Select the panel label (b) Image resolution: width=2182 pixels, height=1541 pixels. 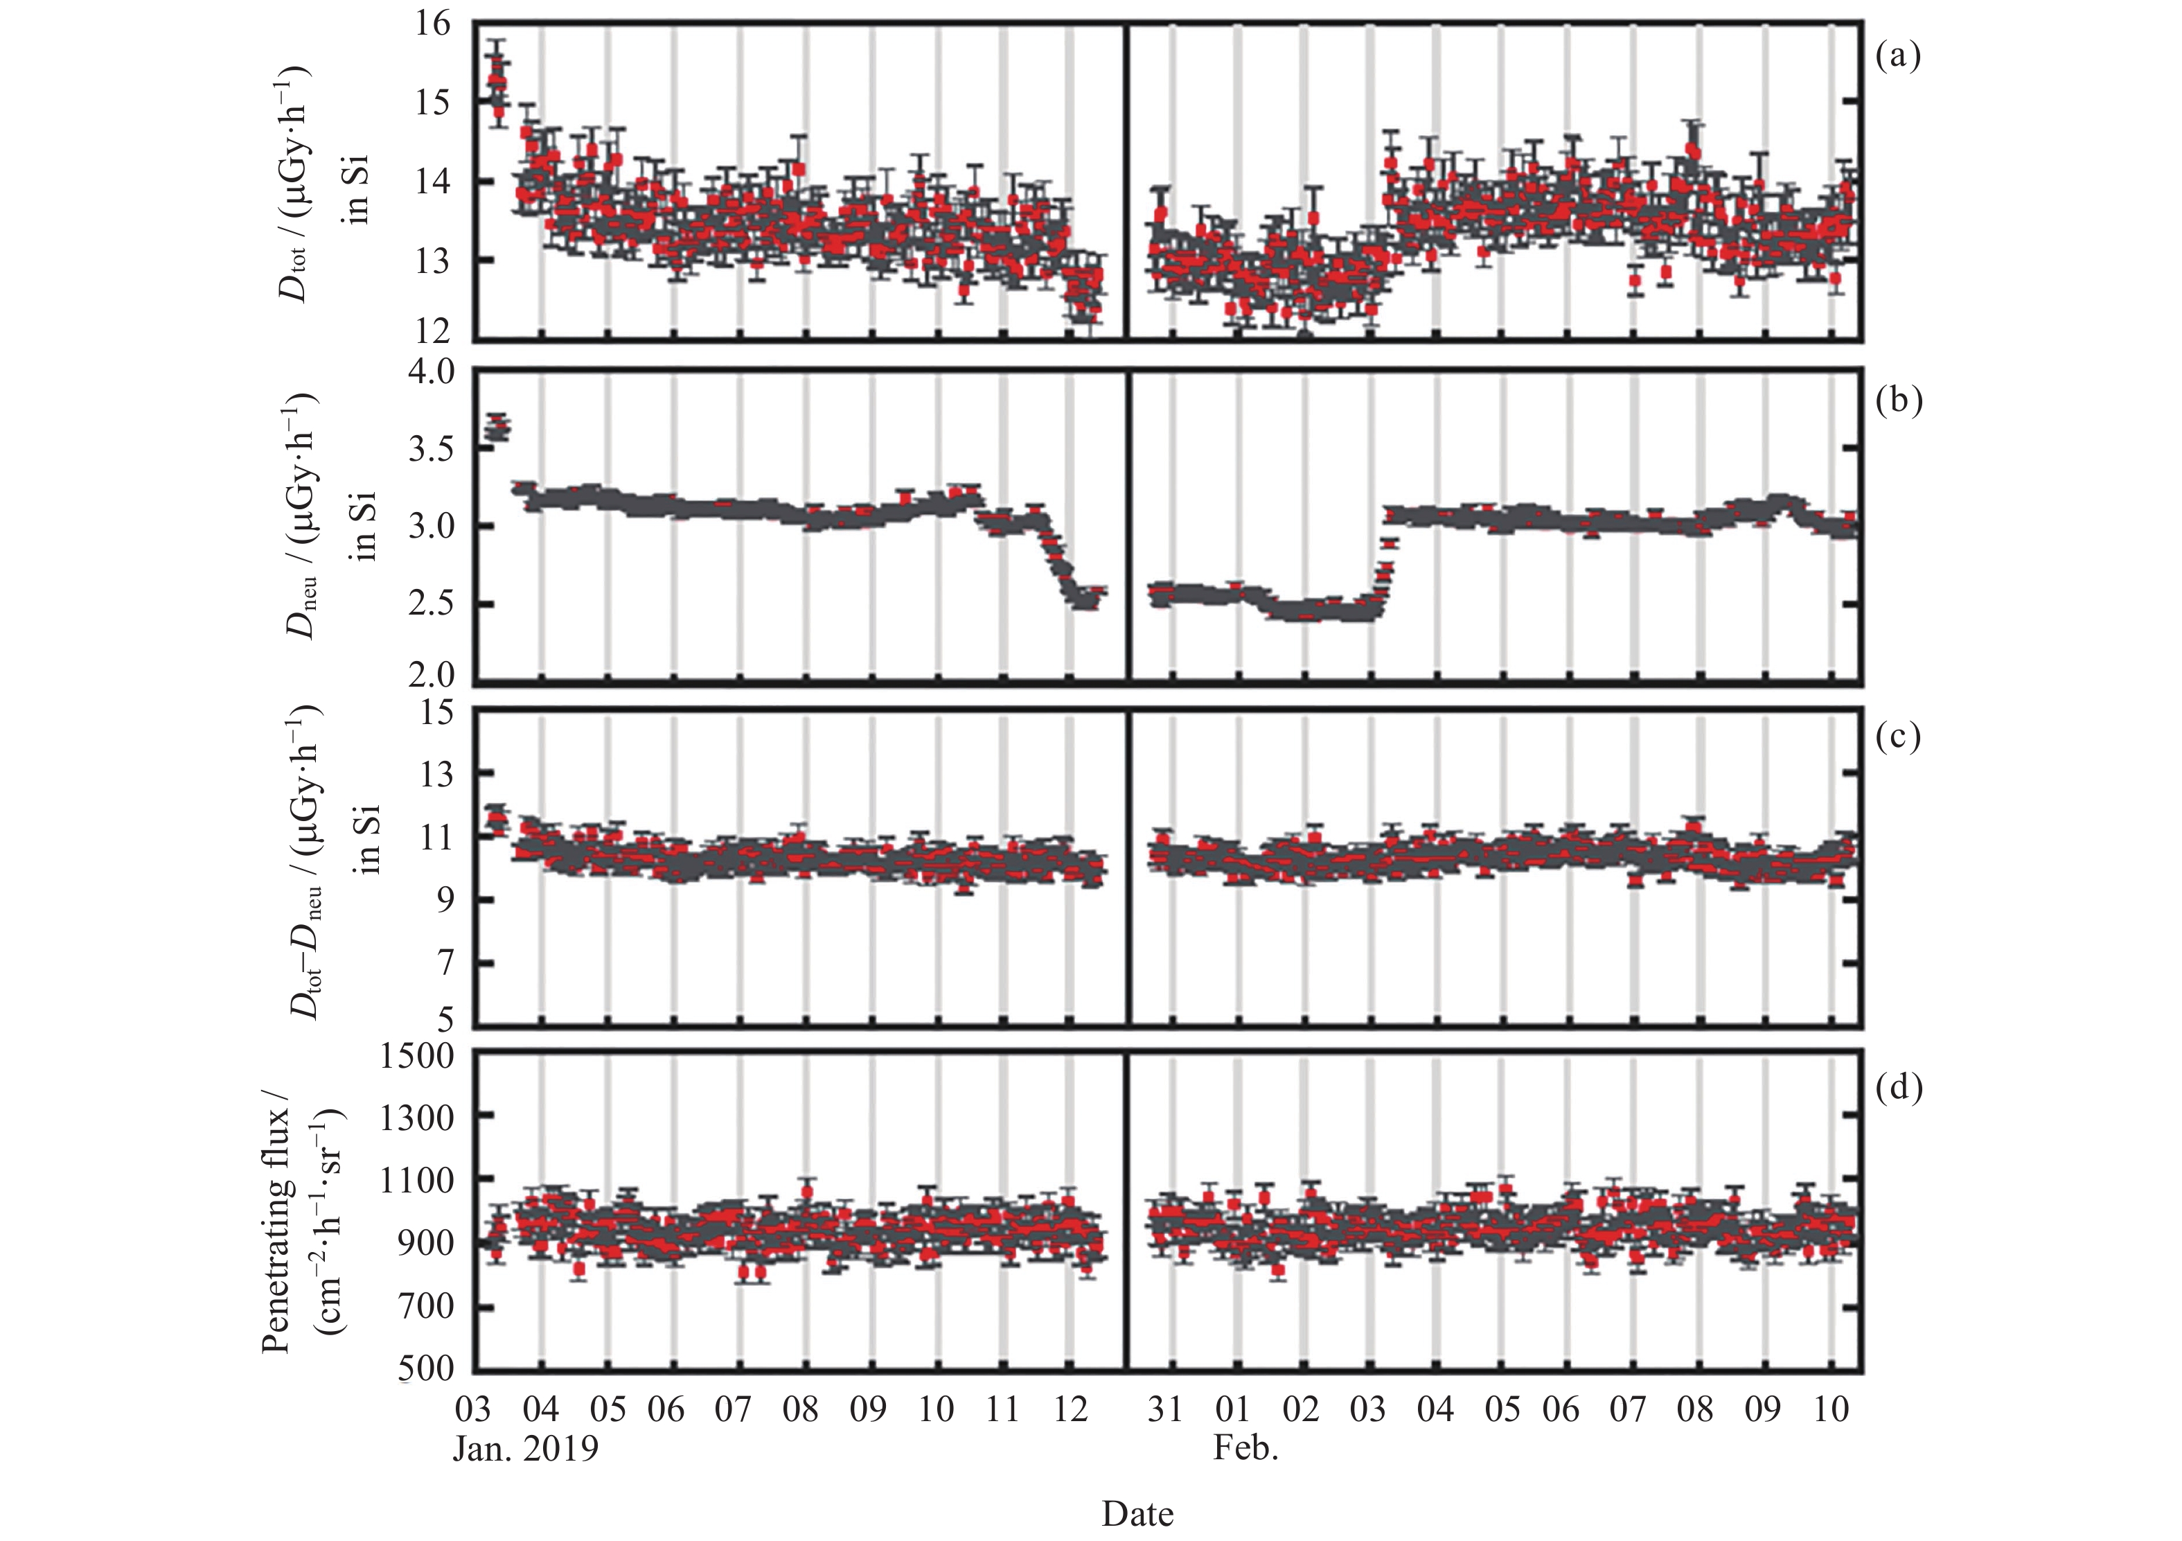(x=1898, y=401)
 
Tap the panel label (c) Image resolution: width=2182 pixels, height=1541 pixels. (x=1898, y=737)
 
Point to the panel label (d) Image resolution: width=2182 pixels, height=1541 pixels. (x=1898, y=1086)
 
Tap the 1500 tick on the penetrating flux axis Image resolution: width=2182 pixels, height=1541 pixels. (x=417, y=1056)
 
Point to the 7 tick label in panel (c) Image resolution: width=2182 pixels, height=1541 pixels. (x=444, y=963)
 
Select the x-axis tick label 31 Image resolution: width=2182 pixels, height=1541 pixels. (x=1165, y=1409)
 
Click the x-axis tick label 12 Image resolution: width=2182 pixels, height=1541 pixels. (x=1070, y=1409)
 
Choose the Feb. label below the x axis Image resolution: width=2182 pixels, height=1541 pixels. (x=1246, y=1449)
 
